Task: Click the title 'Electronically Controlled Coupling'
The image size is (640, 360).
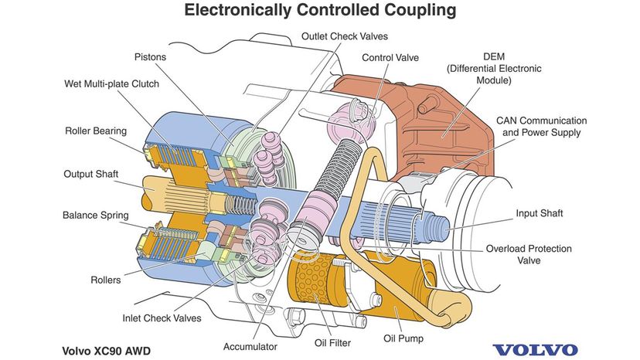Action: click(x=319, y=11)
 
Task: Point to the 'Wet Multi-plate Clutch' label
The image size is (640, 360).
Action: click(x=113, y=83)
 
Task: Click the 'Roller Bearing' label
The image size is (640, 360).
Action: click(x=96, y=131)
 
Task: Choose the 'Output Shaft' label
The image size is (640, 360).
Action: click(x=90, y=174)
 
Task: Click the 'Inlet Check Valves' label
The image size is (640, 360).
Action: click(x=162, y=318)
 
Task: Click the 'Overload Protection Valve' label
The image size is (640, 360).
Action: click(x=529, y=254)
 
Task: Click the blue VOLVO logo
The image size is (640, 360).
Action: click(x=535, y=349)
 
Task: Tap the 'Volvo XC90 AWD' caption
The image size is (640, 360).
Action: click(x=107, y=350)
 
